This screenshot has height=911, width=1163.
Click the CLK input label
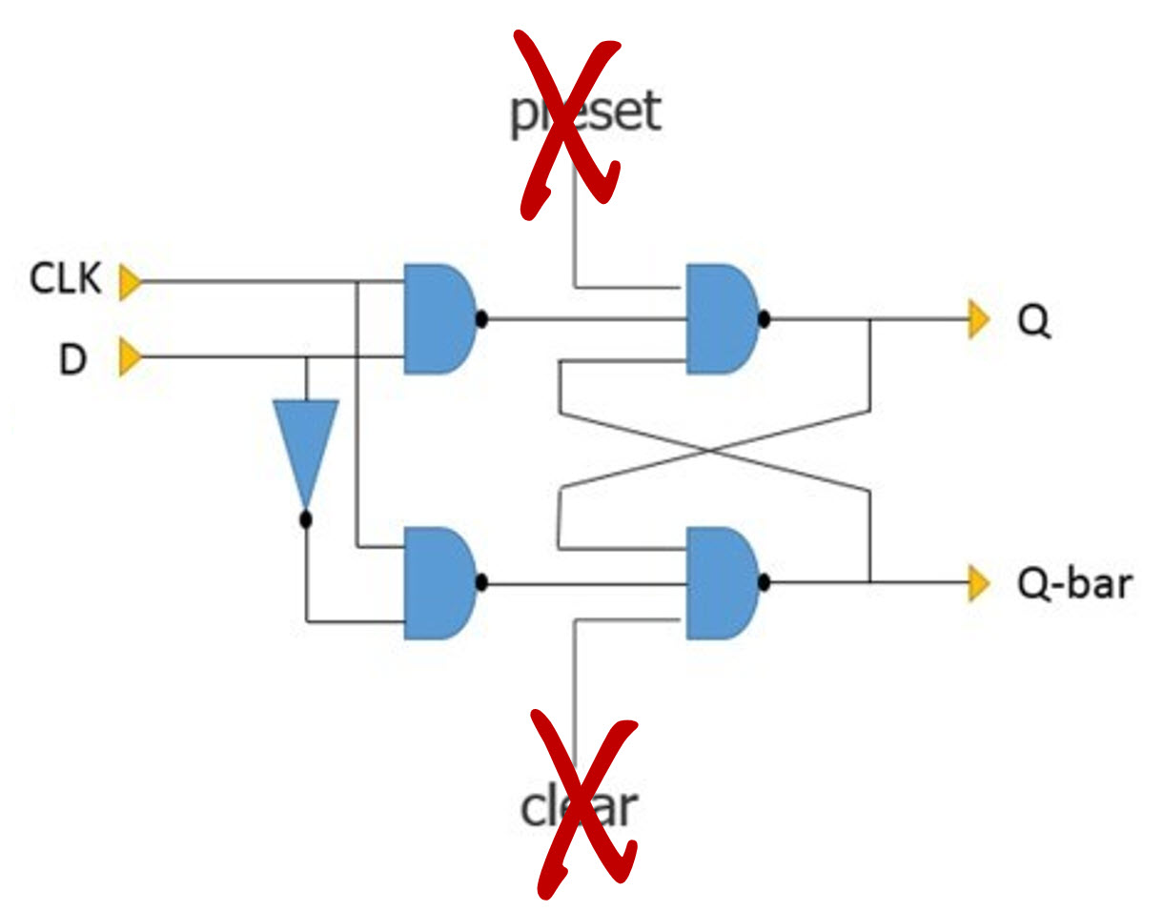65,278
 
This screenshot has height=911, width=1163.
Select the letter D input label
72,359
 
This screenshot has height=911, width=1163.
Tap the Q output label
1033,321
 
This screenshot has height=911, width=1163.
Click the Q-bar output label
1073,584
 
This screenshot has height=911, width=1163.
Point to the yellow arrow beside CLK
130,282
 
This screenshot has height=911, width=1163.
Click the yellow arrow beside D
130,356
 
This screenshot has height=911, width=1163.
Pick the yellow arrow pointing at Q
979,319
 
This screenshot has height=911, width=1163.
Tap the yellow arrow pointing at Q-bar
979,583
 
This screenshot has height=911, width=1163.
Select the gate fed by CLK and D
439,319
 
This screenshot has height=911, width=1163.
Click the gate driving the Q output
722,319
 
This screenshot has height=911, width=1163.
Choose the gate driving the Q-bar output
722,583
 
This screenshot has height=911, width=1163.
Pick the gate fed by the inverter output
439,583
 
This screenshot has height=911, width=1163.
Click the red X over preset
569,124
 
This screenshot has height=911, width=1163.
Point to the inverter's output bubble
306,519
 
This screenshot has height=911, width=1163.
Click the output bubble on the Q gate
765,319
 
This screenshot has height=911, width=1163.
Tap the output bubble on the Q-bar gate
765,582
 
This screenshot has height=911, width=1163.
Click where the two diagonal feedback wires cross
711,451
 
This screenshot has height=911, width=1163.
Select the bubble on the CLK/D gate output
481,319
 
